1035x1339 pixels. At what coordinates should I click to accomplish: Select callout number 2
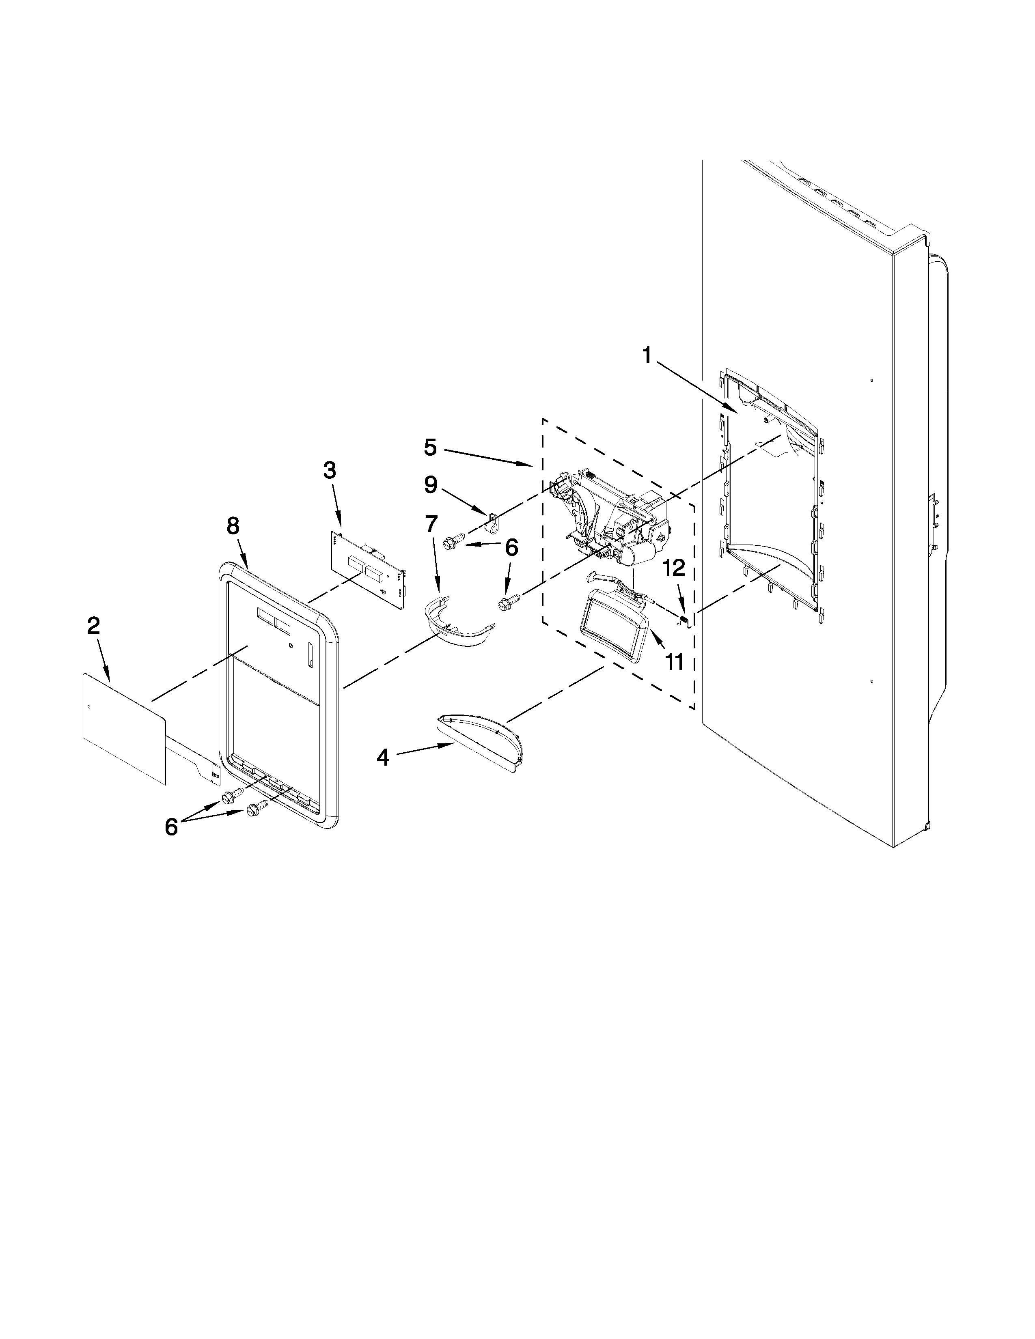point(93,626)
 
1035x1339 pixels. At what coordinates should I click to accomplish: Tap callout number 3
point(329,471)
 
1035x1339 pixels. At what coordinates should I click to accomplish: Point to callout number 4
point(383,758)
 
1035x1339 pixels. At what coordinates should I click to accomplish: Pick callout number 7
point(432,525)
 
